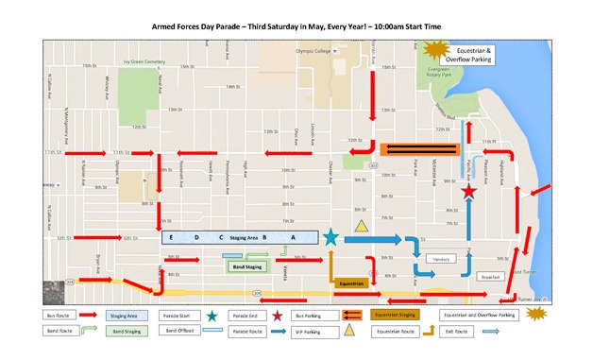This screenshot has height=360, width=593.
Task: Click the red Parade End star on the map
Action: click(x=468, y=193)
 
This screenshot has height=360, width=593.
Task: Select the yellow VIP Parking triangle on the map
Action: click(x=361, y=226)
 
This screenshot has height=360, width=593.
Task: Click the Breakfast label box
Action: click(x=489, y=277)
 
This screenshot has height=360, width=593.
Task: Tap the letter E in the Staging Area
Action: click(x=172, y=237)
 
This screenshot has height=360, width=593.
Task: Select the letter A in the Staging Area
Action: click(x=293, y=237)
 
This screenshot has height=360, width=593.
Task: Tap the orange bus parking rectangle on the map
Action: click(x=418, y=148)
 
